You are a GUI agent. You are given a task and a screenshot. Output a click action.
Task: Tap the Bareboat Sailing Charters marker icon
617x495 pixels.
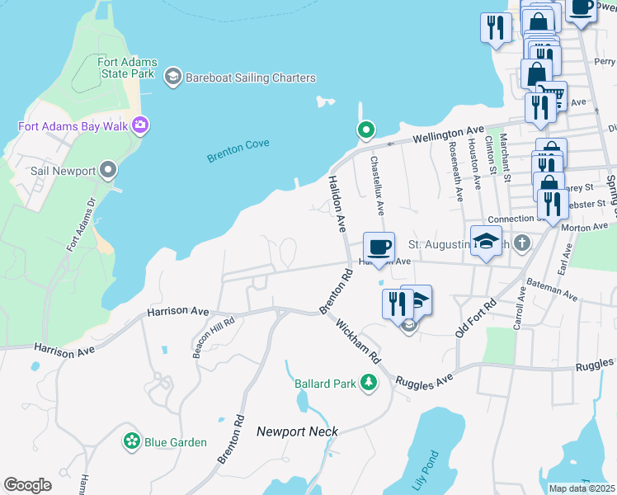172,78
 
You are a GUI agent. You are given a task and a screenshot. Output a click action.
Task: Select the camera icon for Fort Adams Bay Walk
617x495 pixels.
140,125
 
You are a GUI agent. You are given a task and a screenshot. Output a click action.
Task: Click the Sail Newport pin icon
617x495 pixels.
108,171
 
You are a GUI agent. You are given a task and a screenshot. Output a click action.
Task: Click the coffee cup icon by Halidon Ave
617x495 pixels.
379,247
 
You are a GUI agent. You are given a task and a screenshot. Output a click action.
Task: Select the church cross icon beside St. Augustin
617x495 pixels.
520,244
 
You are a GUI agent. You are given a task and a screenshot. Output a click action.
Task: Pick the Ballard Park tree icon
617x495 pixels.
369,383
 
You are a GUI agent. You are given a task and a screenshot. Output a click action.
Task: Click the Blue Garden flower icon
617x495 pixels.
131,442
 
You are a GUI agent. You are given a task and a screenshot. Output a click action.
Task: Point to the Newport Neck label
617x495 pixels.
297,431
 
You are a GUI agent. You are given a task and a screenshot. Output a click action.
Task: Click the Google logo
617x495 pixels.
28,485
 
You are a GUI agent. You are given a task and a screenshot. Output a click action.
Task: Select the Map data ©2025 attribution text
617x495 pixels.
581,488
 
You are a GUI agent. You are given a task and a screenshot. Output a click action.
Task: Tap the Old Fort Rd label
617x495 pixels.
476,318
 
